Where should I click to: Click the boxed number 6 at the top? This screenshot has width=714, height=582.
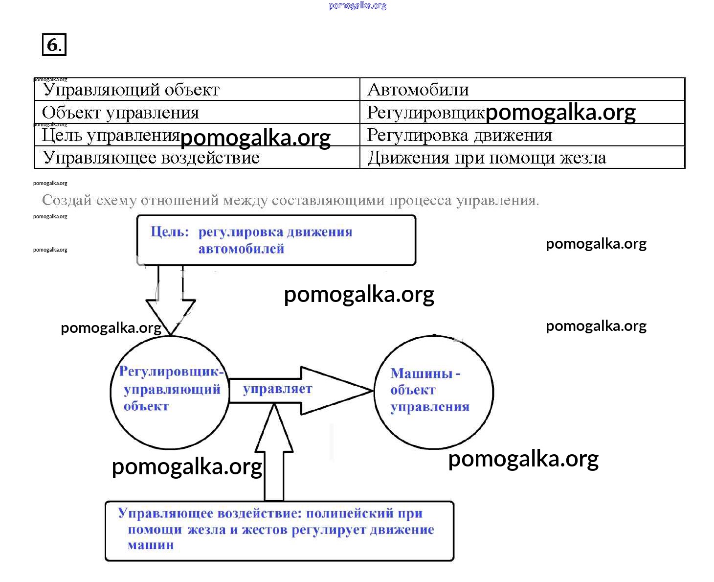53,45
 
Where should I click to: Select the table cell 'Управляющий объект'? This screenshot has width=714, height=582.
131,90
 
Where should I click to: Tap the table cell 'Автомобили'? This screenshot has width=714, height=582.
418,90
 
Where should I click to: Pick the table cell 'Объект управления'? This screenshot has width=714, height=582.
120,113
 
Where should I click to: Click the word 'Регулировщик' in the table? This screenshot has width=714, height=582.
425,113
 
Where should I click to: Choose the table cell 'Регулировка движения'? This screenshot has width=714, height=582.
459,135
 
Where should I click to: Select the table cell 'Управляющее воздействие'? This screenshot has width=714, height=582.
151,158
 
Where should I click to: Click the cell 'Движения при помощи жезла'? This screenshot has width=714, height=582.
487,158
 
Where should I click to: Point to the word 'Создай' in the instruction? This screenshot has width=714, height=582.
67,200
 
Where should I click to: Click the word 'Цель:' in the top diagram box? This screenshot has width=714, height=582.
169,232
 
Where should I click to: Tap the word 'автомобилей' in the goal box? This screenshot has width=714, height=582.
241,249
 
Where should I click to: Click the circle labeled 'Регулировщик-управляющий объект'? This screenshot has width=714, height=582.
169,392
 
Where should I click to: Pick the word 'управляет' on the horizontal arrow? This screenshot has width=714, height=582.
277,389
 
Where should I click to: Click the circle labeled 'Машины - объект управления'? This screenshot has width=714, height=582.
433,392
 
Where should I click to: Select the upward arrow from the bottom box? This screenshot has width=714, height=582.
274,455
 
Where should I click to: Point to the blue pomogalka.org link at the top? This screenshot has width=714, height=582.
357,6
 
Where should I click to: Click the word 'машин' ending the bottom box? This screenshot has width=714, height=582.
151,545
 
